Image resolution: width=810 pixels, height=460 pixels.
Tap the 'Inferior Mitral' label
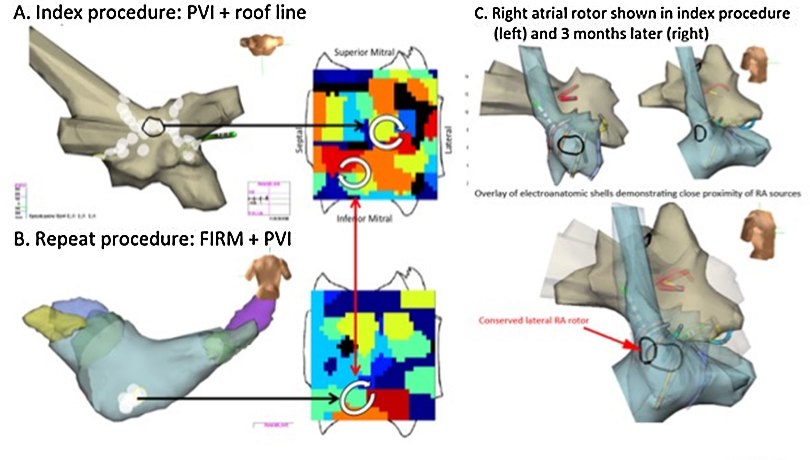point(364,219)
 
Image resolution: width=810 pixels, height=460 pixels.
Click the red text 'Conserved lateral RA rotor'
point(534,320)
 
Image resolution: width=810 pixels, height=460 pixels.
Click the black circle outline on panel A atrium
point(153,127)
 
